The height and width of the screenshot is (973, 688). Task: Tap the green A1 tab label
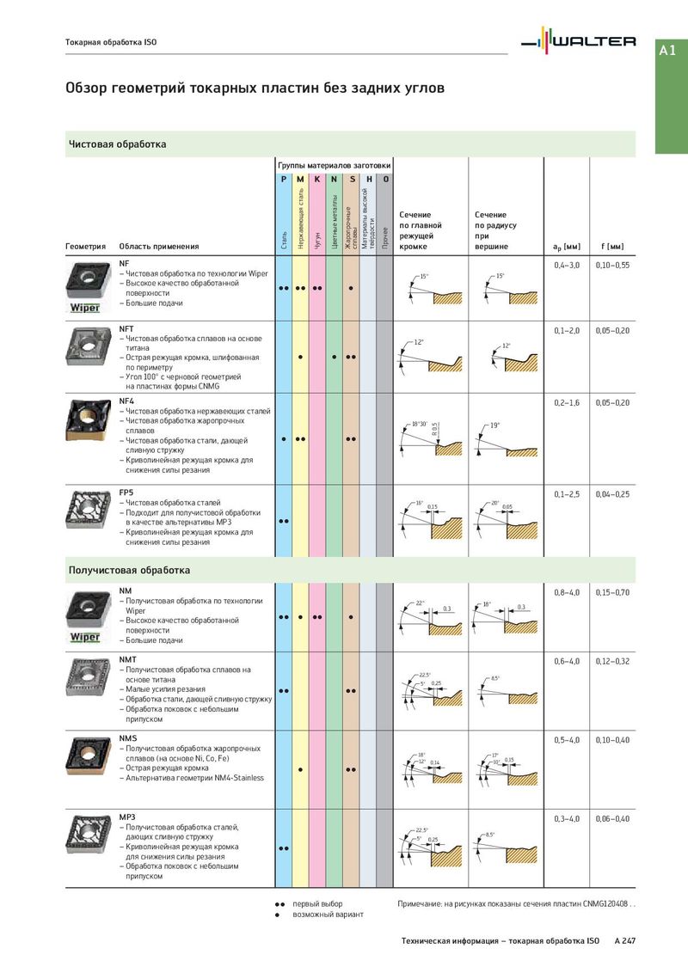pyautogui.click(x=667, y=51)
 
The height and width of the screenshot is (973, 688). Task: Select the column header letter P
pyautogui.click(x=284, y=179)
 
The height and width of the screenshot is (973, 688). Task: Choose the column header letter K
pyautogui.click(x=317, y=179)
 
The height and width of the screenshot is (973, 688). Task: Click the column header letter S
pyautogui.click(x=351, y=179)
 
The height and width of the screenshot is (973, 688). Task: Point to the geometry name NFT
pyautogui.click(x=126, y=328)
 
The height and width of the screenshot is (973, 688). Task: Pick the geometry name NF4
pyautogui.click(x=127, y=401)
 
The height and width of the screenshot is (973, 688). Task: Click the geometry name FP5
pyautogui.click(x=126, y=493)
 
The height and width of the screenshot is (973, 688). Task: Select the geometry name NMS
pyautogui.click(x=127, y=738)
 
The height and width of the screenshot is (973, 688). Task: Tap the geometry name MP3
pyautogui.click(x=127, y=817)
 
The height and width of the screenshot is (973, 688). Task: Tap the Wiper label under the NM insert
pyautogui.click(x=85, y=638)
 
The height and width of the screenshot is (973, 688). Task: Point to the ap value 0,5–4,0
pyautogui.click(x=567, y=740)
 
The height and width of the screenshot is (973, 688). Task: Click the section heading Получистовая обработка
pyautogui.click(x=129, y=570)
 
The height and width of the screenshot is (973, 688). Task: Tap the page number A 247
pyautogui.click(x=625, y=942)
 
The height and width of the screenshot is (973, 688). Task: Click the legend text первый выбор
pyautogui.click(x=317, y=904)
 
